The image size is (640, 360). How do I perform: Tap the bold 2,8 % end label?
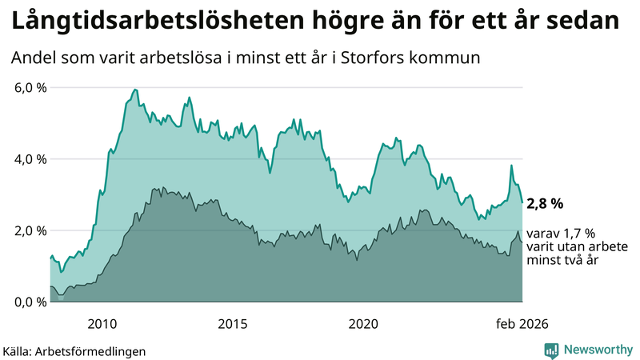[546, 204]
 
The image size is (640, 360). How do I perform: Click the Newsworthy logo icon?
[552, 350]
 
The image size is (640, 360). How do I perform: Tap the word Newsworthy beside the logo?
[597, 350]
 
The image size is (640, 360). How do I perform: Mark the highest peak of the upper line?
[134, 89]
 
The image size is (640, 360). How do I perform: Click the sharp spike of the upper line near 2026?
[511, 166]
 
